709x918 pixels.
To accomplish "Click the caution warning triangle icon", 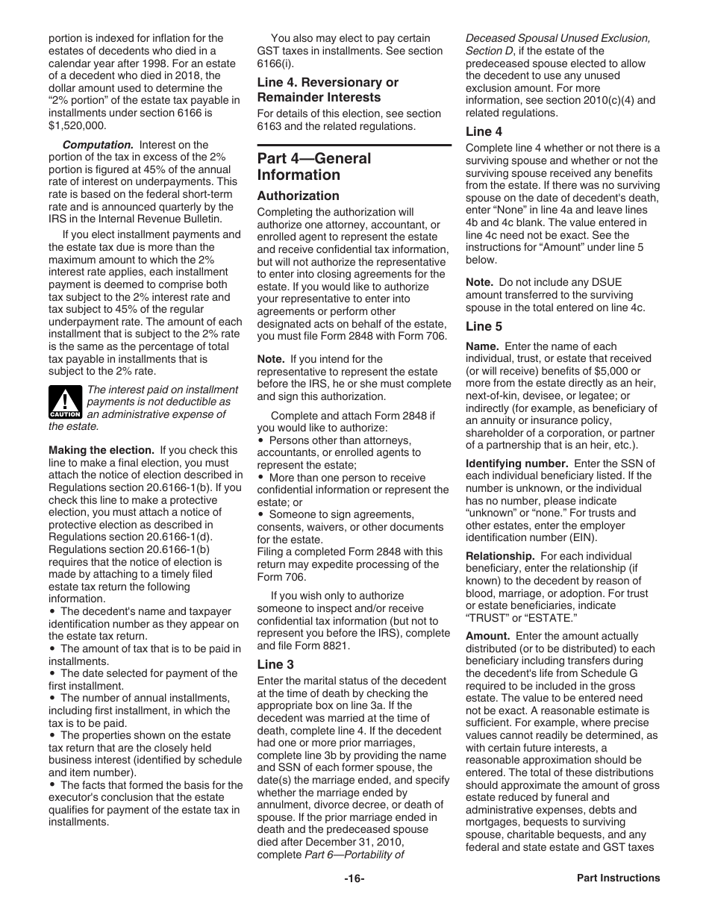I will [x=65, y=402].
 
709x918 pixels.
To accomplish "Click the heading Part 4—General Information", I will [x=313, y=166].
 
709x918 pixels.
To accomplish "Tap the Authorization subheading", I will [x=298, y=196].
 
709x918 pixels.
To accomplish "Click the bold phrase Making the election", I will [x=101, y=450].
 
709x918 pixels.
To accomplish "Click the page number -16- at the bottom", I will [x=354, y=878].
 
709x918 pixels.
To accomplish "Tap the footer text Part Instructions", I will [x=618, y=878].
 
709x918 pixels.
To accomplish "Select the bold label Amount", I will [x=488, y=636].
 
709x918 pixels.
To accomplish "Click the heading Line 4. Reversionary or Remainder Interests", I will [x=328, y=90].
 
